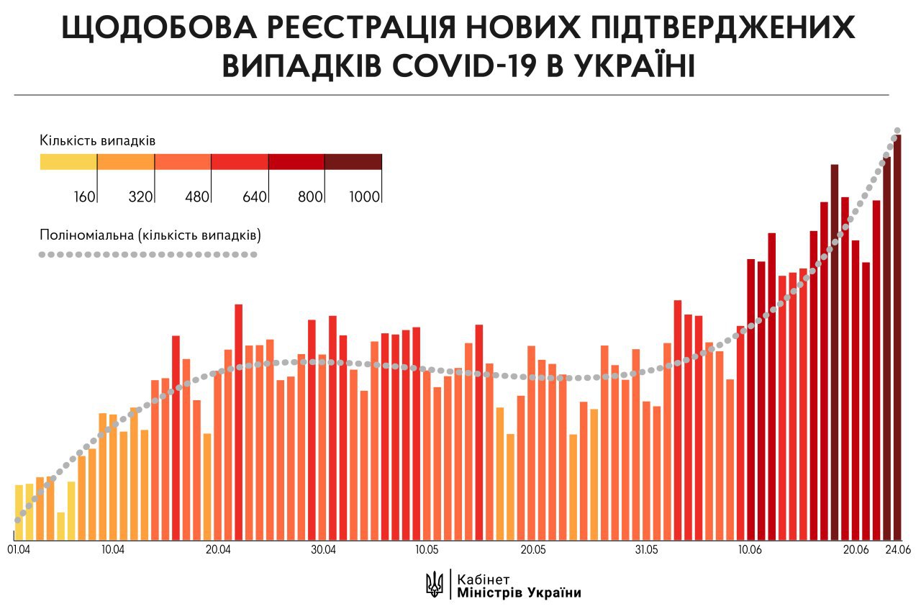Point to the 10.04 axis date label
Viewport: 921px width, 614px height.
(112, 550)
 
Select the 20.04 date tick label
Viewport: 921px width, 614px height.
(217, 550)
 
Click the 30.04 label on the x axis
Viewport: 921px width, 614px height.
(323, 550)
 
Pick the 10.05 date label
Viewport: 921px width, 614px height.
(427, 550)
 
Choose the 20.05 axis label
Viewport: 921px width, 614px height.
(532, 550)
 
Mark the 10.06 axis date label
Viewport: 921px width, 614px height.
(750, 550)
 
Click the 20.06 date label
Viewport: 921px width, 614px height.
(856, 550)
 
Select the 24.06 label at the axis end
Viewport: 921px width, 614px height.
(897, 550)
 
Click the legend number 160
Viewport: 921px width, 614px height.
(84, 197)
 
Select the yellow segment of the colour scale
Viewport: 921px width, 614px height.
(68, 162)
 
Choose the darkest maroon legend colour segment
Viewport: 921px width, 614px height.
(353, 162)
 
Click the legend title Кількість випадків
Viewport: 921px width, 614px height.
(98, 139)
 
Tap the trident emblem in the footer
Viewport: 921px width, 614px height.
(435, 584)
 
